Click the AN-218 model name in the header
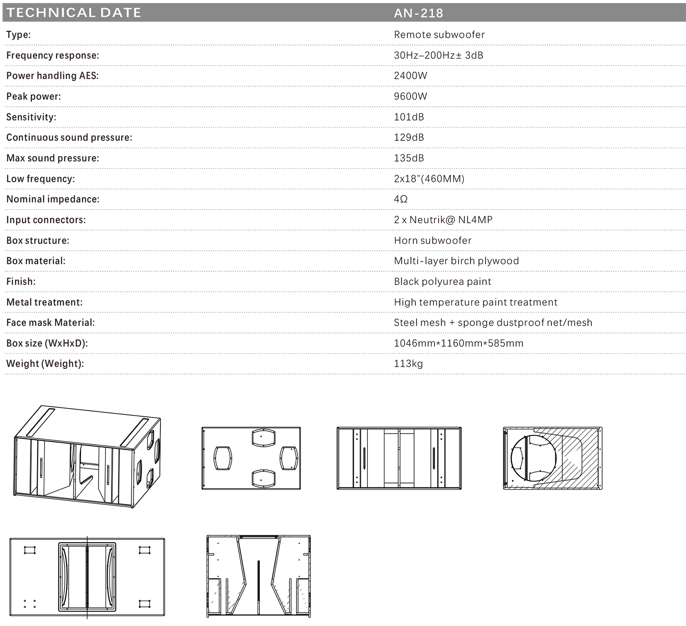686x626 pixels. pos(418,13)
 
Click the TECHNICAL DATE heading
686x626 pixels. pos(74,12)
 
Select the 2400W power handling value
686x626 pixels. pos(410,76)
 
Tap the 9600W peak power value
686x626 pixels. pos(410,96)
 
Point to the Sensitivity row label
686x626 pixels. pos(31,117)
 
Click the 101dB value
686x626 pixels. pos(409,117)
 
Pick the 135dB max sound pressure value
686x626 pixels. pos(409,158)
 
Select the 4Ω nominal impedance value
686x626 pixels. pos(400,199)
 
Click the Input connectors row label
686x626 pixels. pos(46,220)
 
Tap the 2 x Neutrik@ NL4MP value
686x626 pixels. pos(443,220)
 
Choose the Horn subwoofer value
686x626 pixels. pos(432,240)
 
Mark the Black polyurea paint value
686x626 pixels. pos(442,281)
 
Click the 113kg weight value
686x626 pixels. pos(408,364)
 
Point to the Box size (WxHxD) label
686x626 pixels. pos(47,343)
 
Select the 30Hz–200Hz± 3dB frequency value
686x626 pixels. pos(438,55)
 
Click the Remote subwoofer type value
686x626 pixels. pos(439,34)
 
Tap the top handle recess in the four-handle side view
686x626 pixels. pos(263,437)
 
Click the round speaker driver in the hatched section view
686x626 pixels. pos(534,458)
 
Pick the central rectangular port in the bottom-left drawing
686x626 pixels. pos(87,577)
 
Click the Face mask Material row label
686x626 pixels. pos(50,323)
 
